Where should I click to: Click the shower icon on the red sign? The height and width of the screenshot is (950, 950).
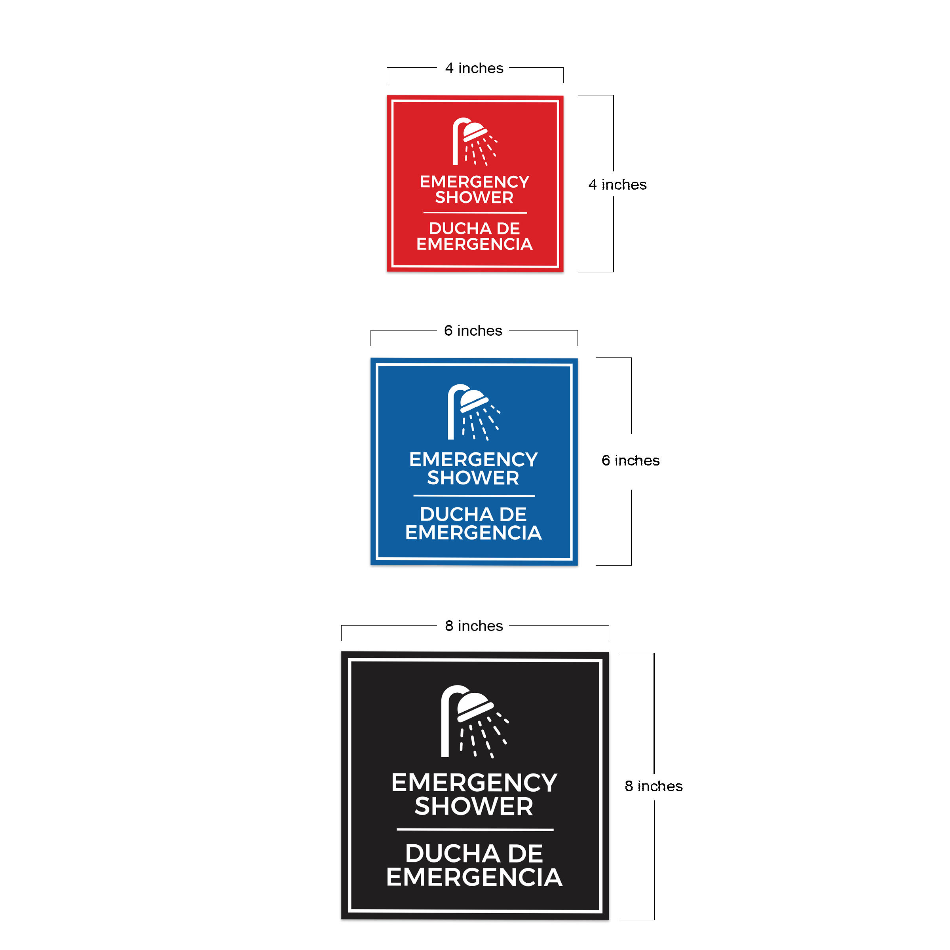[x=474, y=142]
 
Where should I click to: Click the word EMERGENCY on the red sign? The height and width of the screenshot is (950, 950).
[x=475, y=182]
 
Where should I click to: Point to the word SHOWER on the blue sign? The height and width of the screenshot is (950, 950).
[x=473, y=478]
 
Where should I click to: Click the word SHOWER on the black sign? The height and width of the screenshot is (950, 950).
[x=474, y=806]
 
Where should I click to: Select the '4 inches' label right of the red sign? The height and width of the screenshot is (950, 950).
[x=617, y=184]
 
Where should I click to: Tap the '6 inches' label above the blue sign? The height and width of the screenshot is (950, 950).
[x=473, y=331]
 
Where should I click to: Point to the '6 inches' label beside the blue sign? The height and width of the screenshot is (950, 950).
[x=631, y=460]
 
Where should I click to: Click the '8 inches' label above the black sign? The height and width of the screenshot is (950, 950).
[x=474, y=626]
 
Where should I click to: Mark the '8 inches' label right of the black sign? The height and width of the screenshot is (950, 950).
[x=654, y=786]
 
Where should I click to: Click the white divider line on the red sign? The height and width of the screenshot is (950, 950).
[x=475, y=213]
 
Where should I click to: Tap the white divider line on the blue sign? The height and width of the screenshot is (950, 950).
[x=474, y=496]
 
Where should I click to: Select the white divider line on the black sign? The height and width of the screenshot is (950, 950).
[x=475, y=830]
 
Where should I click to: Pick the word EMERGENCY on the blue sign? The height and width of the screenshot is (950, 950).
[x=473, y=460]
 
